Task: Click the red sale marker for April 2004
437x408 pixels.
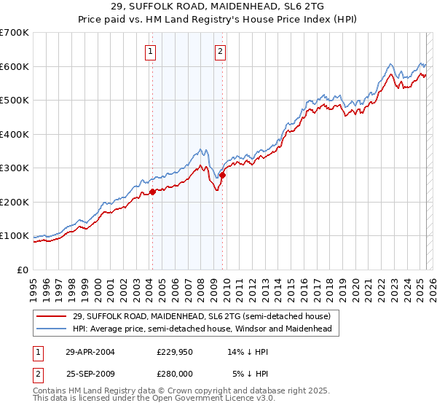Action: point(153,192)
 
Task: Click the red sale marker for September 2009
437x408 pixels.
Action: point(223,175)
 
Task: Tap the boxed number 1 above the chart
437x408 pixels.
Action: point(150,51)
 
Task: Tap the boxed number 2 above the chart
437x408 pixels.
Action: point(220,51)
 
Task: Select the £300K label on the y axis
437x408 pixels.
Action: point(15,168)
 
